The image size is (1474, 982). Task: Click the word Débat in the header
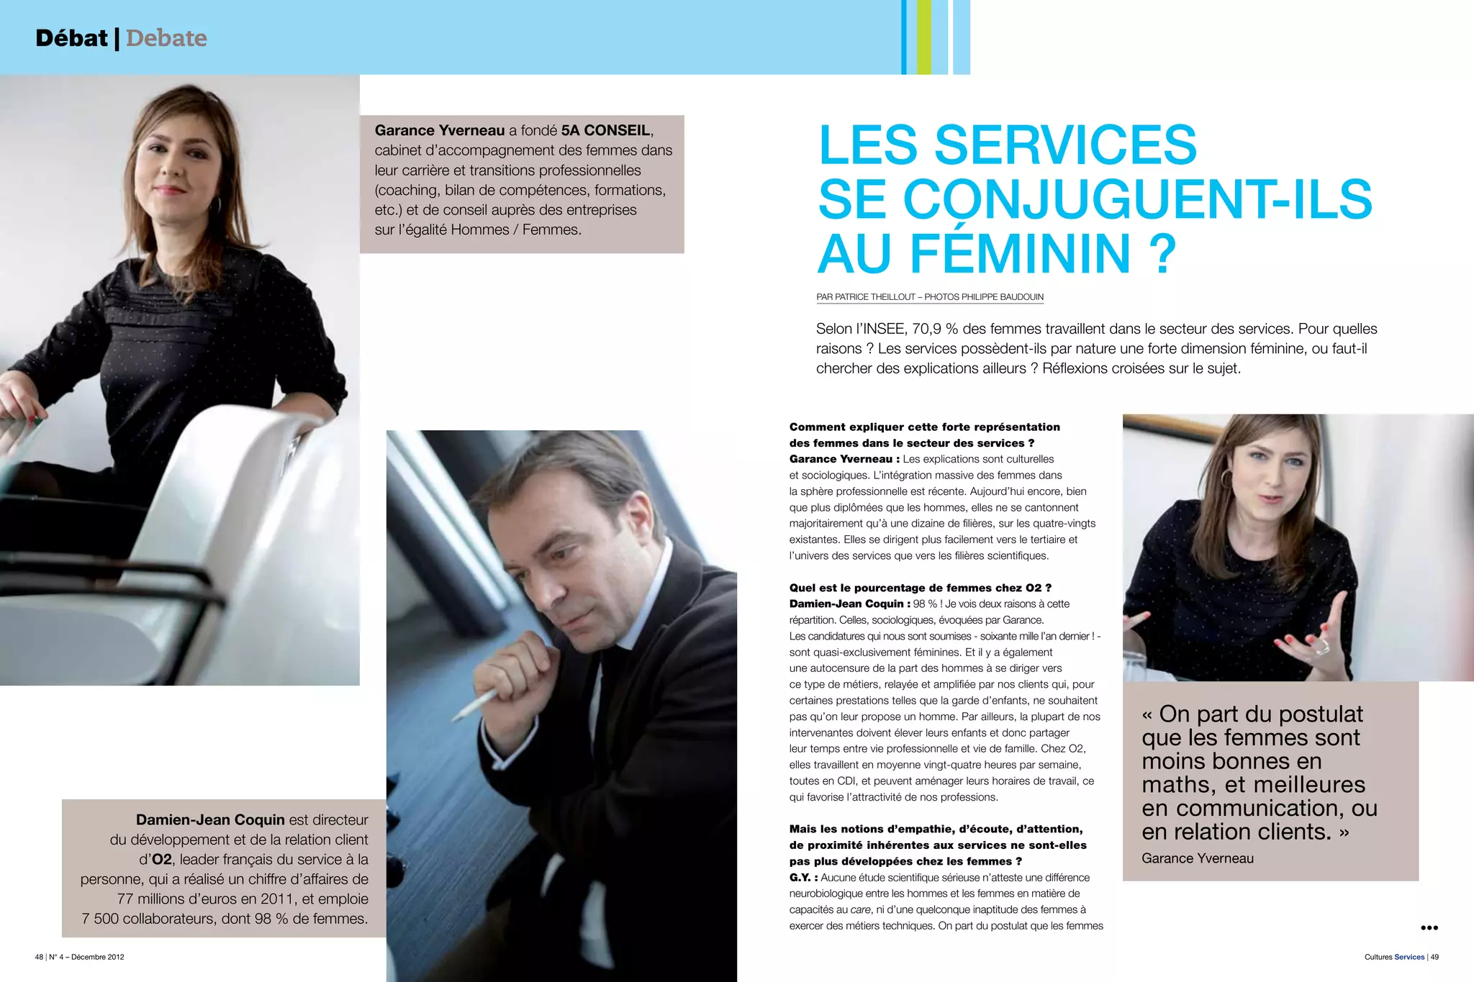(71, 38)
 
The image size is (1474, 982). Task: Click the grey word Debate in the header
(166, 38)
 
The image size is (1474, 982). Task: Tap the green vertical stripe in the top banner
(923, 37)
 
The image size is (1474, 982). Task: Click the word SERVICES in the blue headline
(1065, 145)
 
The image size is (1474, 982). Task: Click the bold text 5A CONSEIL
(605, 131)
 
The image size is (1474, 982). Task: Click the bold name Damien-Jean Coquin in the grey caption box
(210, 820)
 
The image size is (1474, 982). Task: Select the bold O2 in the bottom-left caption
(162, 860)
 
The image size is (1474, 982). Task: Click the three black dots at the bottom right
(1429, 928)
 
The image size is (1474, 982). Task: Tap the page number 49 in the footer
(1434, 957)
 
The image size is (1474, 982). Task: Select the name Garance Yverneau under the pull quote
(1197, 858)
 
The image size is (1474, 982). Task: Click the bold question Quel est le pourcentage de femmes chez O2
(920, 588)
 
